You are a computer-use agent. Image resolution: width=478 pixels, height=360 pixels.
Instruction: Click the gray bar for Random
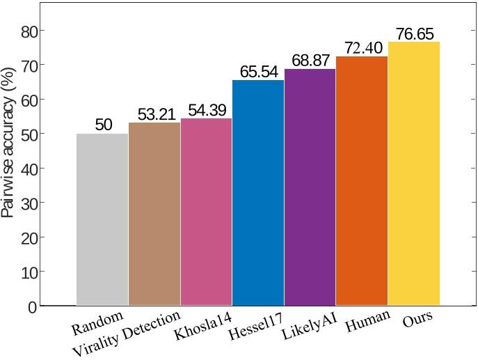coord(102,219)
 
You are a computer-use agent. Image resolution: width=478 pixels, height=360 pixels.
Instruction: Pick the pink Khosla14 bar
coord(206,212)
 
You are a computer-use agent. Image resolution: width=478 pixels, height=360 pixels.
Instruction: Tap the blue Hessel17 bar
coord(258,193)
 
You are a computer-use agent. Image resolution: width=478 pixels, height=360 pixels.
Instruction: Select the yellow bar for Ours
coord(413,173)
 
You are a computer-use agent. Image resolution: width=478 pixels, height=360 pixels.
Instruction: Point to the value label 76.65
coord(413,34)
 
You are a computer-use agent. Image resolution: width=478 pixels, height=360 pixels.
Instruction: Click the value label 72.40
coord(362,49)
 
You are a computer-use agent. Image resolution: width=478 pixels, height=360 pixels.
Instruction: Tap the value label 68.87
coord(310,61)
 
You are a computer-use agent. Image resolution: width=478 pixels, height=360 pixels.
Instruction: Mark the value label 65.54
coord(258,72)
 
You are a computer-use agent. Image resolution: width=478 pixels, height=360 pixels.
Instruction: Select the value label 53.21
coord(154,114)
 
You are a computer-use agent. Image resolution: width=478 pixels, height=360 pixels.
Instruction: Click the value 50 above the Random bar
coord(103,125)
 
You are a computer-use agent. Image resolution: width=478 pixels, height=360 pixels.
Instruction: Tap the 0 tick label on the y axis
coord(31,306)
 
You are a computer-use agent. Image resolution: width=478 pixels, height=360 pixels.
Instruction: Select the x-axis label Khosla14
coord(203,326)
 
